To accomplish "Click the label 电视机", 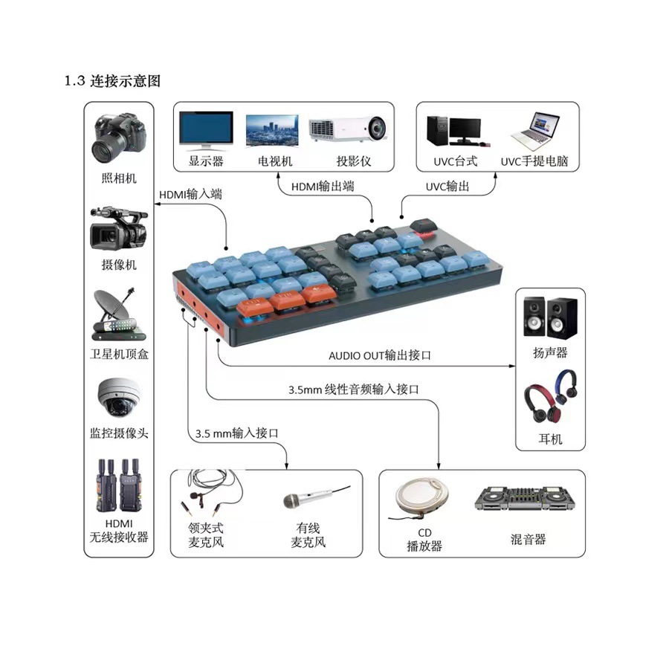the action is point(276,161).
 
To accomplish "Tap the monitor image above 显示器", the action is point(206,129).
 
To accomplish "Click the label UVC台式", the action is point(456,161).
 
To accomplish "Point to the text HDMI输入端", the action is point(191,195).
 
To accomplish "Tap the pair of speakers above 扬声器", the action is point(550,317).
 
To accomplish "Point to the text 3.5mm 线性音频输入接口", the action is point(354,389).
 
